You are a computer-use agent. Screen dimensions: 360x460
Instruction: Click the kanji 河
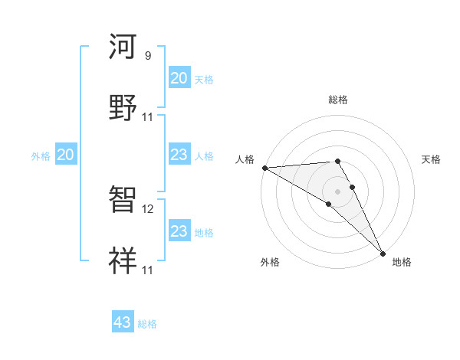click(x=123, y=47)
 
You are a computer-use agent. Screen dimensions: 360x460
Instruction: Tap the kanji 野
click(x=123, y=106)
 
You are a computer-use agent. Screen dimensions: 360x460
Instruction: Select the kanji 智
click(x=123, y=201)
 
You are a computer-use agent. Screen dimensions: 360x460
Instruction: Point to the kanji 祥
click(x=123, y=260)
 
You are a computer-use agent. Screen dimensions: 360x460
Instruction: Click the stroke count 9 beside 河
click(x=148, y=56)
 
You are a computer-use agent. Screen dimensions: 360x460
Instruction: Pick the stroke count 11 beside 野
click(x=148, y=116)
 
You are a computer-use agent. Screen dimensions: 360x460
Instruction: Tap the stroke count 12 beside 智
click(x=148, y=208)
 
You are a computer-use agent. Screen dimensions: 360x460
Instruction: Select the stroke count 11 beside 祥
click(x=148, y=270)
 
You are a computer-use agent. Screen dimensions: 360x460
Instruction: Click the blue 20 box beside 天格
click(x=179, y=78)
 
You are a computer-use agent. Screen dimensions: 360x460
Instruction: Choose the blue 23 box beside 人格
click(x=179, y=155)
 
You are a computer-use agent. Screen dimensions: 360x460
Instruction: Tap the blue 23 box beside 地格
click(x=179, y=231)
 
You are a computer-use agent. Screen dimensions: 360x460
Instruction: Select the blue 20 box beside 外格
click(x=65, y=155)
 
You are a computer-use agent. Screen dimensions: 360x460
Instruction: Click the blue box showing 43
click(x=123, y=322)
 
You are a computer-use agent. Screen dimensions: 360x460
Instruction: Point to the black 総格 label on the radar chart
click(x=338, y=100)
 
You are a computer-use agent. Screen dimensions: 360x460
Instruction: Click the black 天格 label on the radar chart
click(x=432, y=159)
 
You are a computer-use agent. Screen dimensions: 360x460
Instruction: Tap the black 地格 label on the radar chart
click(x=402, y=262)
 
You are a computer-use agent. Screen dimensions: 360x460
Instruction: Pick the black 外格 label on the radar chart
click(x=270, y=262)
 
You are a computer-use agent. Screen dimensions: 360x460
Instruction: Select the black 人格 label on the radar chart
click(x=244, y=159)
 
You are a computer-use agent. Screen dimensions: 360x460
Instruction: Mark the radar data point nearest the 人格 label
click(x=264, y=168)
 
